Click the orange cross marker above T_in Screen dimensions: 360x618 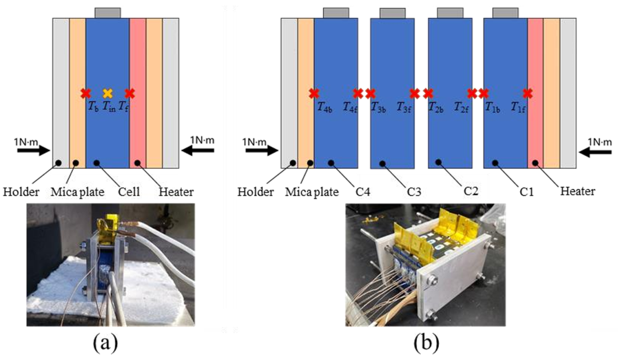click(108, 93)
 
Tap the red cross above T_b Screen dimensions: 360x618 click(86, 93)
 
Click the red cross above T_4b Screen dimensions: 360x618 click(314, 93)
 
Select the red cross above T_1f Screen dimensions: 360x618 click(528, 93)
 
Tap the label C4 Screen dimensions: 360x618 click(363, 191)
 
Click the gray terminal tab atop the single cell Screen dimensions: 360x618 click(108, 13)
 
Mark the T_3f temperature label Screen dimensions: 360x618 click(404, 106)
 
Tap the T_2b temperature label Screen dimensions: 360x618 click(437, 106)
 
